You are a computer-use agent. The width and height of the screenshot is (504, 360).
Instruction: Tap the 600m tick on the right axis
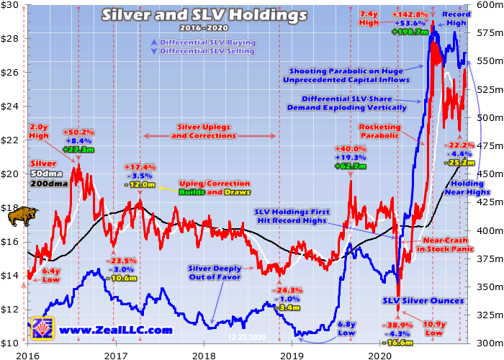click(488, 6)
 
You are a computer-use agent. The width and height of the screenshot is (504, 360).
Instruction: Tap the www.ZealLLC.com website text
click(116, 330)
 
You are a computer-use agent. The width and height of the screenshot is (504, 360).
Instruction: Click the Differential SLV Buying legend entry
click(207, 42)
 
